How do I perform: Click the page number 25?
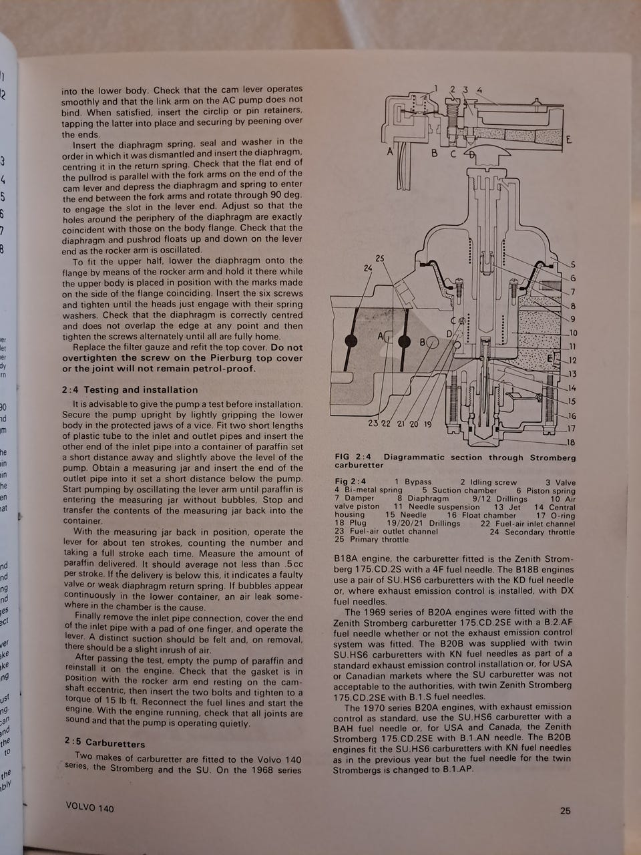pos(565,811)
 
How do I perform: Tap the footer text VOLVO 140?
pos(90,808)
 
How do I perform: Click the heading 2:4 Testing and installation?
pos(130,390)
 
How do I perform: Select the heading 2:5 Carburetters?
pos(105,743)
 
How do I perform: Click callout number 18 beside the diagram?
pos(571,442)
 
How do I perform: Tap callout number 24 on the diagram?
pos(368,269)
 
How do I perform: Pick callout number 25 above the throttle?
pos(380,259)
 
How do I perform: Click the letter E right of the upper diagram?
pos(569,140)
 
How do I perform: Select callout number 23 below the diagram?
pos(373,423)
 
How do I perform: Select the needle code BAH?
pos(343,728)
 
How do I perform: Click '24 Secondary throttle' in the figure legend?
pos(532,532)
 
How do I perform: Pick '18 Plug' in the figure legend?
pos(351,523)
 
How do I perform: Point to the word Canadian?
pos(367,676)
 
